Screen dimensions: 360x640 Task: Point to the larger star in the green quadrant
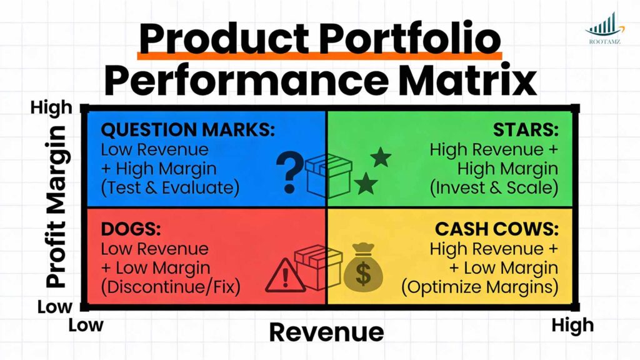click(366, 183)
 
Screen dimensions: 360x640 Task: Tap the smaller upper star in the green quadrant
click(381, 157)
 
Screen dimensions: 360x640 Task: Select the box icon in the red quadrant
click(318, 265)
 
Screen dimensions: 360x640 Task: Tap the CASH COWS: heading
click(497, 229)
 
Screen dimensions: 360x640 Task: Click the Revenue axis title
click(326, 332)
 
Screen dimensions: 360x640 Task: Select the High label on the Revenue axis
click(572, 325)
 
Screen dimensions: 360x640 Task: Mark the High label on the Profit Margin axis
click(51, 108)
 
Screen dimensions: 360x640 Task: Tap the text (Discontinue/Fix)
click(171, 287)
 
